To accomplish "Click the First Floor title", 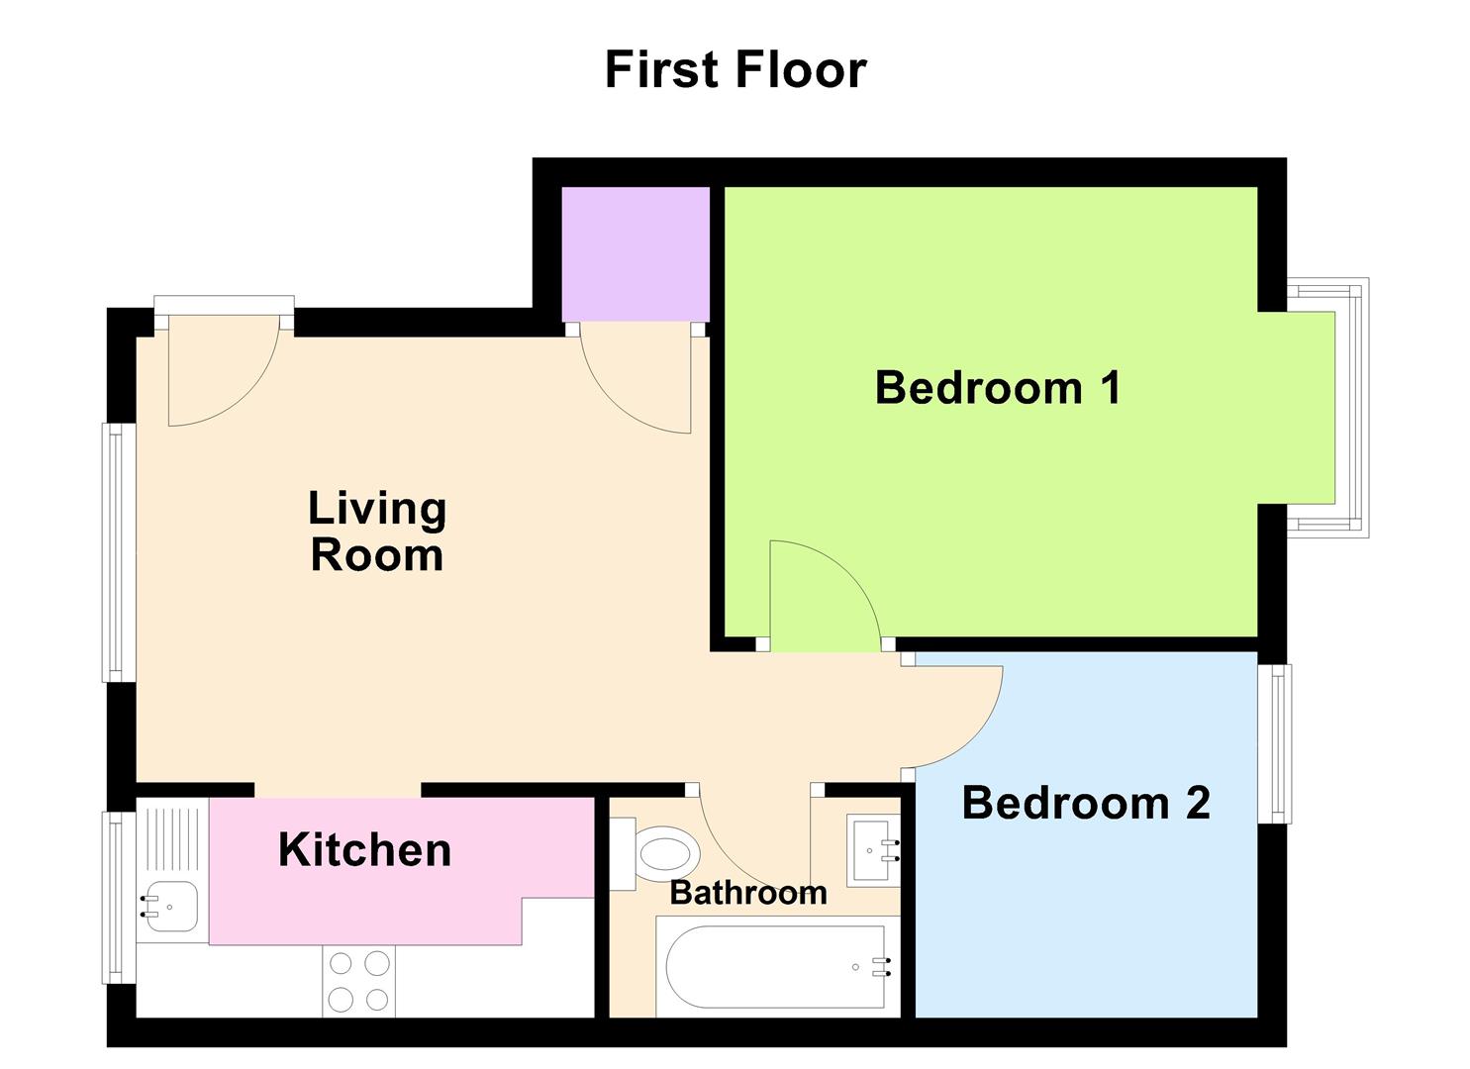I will click(735, 70).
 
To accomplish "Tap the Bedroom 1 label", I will click(998, 387).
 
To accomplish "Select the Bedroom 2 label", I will click(1086, 803).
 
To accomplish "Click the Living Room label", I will click(377, 532).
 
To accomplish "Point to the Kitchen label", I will click(364, 850).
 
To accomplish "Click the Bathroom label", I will click(748, 893).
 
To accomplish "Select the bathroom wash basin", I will click(874, 850).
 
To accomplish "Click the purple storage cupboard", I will click(636, 253).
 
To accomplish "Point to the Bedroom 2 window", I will click(1276, 743).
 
